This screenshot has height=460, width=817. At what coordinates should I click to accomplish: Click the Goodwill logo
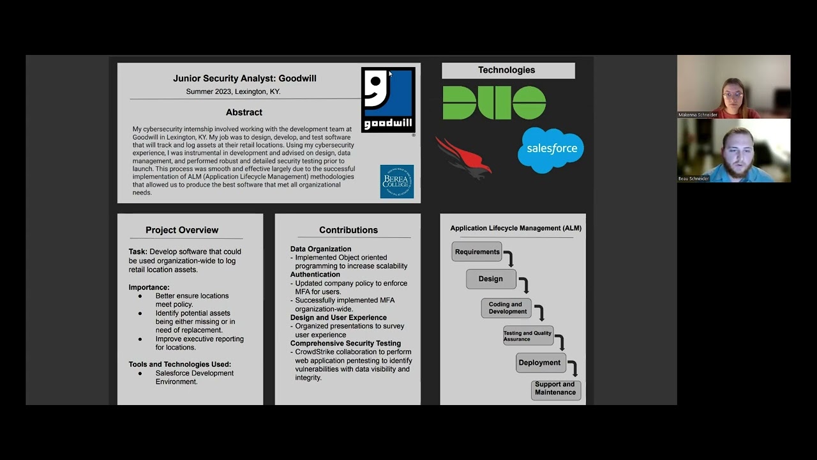388,100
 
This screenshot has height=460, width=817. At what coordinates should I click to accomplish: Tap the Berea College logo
396,181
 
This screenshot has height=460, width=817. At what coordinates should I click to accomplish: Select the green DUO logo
494,103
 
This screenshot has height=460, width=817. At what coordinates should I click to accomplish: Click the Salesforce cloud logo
551,149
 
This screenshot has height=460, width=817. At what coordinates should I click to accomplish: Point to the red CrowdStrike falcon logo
464,157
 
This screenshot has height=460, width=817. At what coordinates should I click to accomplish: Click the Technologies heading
507,70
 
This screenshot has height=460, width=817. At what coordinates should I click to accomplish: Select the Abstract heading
244,112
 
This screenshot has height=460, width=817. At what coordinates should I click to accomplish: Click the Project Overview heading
182,230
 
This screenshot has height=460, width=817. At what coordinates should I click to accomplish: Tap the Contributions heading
349,230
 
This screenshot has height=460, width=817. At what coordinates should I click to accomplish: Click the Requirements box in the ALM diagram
477,252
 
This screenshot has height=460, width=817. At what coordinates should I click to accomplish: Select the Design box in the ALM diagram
490,279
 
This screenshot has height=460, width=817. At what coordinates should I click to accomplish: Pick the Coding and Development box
506,308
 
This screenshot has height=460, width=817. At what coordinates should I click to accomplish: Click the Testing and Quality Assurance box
528,336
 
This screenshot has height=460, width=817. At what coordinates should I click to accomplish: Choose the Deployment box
539,363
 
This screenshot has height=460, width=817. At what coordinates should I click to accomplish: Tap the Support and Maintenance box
555,389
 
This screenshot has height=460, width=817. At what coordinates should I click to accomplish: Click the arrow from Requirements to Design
509,258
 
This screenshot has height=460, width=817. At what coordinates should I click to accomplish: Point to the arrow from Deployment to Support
573,369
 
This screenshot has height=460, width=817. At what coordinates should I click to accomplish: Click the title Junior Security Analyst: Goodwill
244,79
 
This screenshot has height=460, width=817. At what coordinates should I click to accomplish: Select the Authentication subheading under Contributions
315,275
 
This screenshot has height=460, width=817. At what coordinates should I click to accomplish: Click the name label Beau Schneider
694,179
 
